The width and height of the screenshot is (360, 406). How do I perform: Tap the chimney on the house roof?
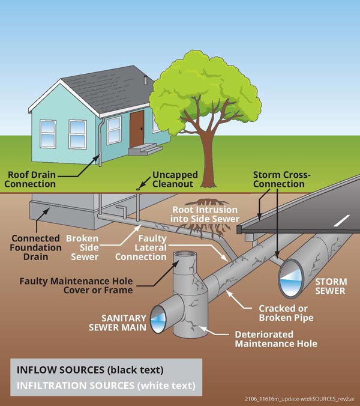coord(145,80)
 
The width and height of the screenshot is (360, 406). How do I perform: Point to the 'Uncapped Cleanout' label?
coord(173,179)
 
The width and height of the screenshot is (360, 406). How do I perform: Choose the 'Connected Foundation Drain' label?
coord(35,247)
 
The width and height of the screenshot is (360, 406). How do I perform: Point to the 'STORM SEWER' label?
coord(330,286)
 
